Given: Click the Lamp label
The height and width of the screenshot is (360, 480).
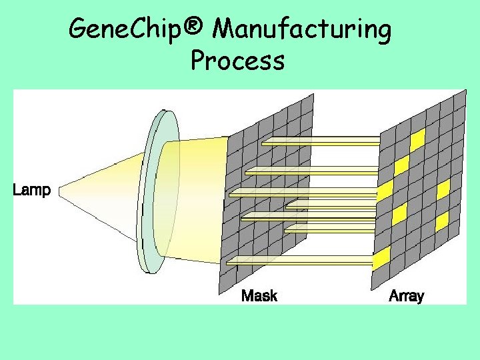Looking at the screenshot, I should coord(31,190).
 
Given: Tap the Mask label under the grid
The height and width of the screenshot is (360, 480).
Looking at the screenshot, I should coord(259,295).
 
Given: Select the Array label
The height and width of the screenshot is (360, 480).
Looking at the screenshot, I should coord(406,295).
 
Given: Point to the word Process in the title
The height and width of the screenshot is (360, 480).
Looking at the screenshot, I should coord(237,61).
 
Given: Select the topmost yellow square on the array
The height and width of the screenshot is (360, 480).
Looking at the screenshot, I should coord(417,140).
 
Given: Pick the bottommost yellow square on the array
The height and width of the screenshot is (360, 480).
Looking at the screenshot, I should coord(381,258).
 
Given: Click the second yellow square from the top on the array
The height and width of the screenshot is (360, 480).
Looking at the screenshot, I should coord(401,165).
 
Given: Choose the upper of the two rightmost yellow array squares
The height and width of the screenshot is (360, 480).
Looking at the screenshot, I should coord(443,189).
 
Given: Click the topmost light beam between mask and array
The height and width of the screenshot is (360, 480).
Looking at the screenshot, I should coord(320,141).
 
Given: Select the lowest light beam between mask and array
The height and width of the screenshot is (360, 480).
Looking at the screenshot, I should coord(300,260).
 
